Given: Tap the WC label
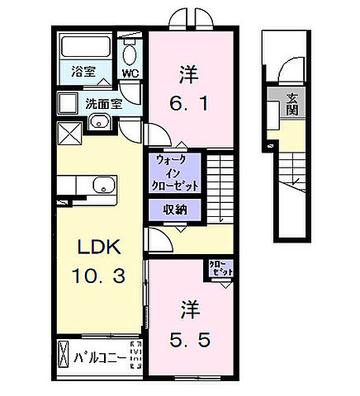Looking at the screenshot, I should point(129,73).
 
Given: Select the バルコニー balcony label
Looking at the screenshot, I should point(100,359).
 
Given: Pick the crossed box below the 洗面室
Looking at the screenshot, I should point(69,131).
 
